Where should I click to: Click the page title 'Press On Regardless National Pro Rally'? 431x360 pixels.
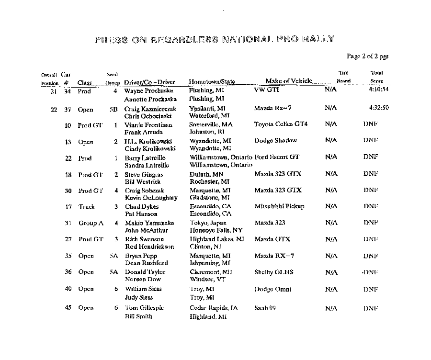(x=215, y=39)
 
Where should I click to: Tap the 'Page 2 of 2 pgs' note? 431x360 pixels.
(x=367, y=56)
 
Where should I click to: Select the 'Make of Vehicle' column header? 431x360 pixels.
(x=288, y=81)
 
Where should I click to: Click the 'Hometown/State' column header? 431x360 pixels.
(x=212, y=82)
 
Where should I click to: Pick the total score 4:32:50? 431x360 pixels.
(x=379, y=108)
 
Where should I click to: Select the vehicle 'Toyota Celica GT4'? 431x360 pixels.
(x=281, y=124)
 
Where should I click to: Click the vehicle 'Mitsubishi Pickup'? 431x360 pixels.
(x=279, y=206)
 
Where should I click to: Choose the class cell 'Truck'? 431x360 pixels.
(x=87, y=207)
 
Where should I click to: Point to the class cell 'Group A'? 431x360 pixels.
(x=91, y=223)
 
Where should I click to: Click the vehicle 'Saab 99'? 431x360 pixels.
(x=265, y=308)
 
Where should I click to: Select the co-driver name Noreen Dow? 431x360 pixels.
(x=143, y=279)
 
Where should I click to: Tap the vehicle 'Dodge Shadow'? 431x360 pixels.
(x=275, y=141)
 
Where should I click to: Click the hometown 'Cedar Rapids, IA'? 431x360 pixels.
(x=214, y=308)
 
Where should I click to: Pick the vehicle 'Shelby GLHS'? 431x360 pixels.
(x=273, y=272)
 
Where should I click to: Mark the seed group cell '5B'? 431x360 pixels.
(x=113, y=109)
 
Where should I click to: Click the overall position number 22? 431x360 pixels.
(x=54, y=109)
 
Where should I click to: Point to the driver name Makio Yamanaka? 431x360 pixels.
(x=149, y=223)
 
